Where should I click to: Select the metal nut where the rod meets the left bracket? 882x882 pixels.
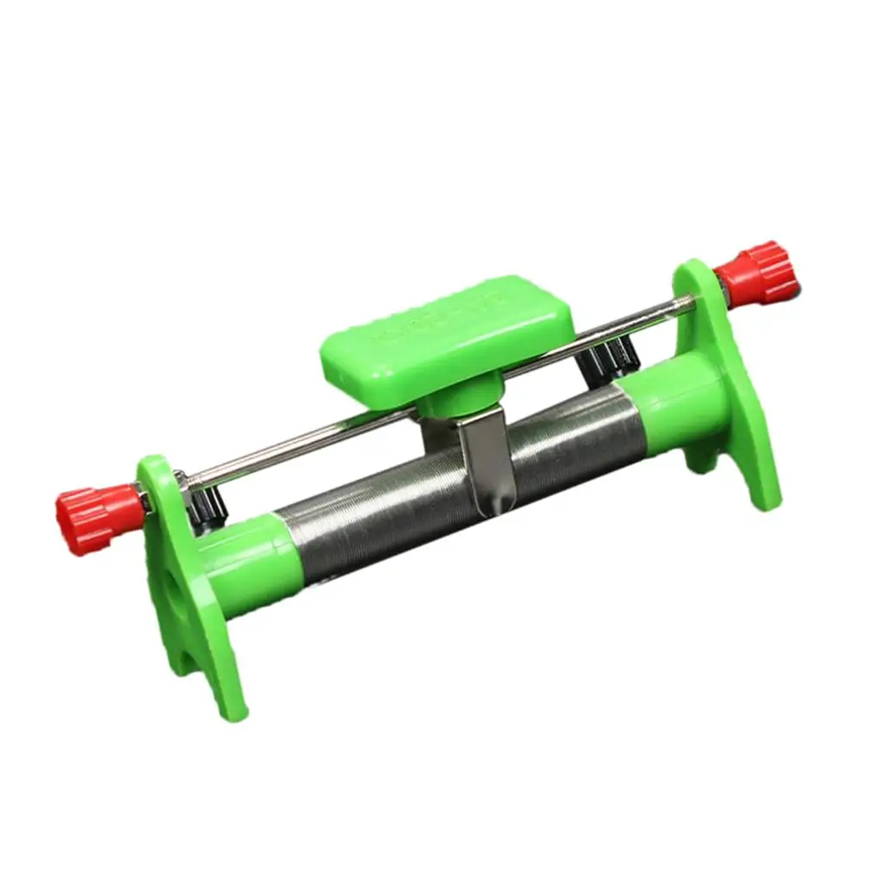pos(181,480)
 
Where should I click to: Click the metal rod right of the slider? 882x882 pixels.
pos(603,327)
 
